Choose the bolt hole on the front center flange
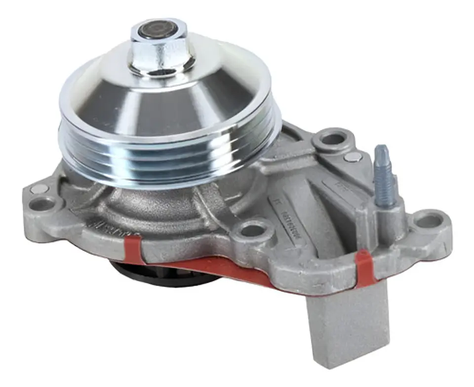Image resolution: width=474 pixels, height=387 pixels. coord(253,230)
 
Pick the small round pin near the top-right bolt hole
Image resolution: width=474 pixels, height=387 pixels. coord(353,157)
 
